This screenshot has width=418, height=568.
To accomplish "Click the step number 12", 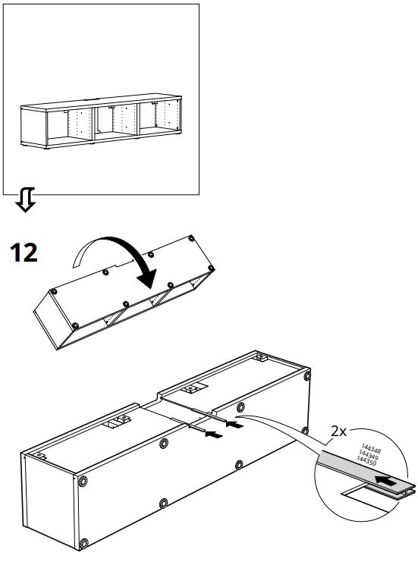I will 24,252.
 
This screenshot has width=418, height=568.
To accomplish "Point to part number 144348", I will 371,449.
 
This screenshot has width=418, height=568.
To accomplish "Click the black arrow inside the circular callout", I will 387,480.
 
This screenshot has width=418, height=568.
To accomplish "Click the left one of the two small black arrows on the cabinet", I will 215,435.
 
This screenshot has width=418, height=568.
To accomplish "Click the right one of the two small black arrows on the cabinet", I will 235,425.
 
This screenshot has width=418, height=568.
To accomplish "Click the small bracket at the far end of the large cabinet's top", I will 260,356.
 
